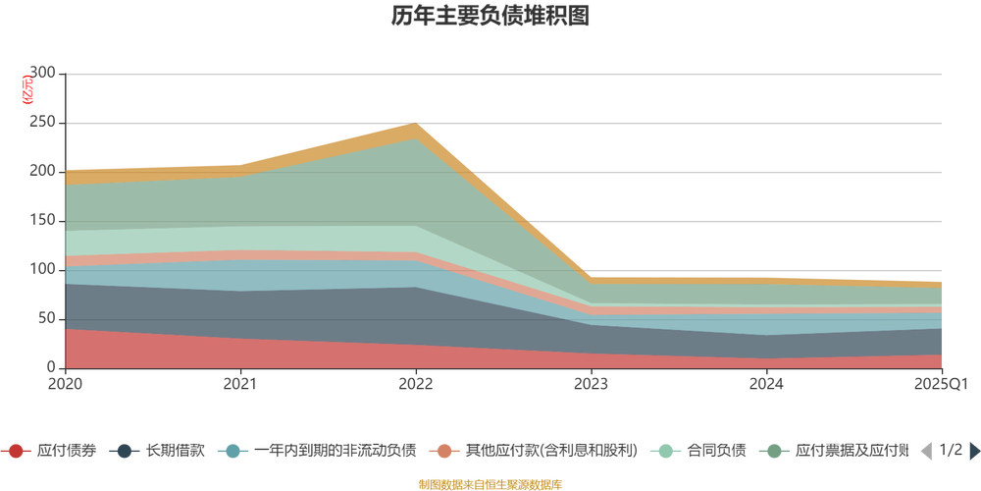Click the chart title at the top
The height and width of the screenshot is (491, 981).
pos(490,17)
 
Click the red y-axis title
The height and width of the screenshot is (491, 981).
pos(26,88)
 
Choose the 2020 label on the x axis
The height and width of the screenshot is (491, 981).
pos(65,383)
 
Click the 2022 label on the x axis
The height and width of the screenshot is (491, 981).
pos(416,383)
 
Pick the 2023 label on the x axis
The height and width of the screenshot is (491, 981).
pos(592,383)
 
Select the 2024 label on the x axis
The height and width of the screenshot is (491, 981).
pos(766,383)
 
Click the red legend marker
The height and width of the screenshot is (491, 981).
pos(16,451)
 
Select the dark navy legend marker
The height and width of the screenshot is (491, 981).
pos(125,451)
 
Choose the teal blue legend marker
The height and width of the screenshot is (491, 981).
pos(232,451)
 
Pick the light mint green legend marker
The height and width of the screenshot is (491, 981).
pos(666,451)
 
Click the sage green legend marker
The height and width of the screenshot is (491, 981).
pos(775,451)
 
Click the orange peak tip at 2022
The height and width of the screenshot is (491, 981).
pos(416,124)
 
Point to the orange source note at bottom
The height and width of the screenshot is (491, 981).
pos(490,482)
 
